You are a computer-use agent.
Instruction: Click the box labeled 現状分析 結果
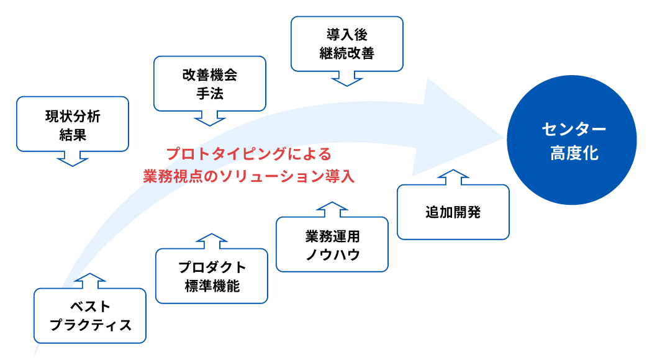[x=72, y=124]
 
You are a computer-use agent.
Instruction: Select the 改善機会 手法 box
[x=209, y=84]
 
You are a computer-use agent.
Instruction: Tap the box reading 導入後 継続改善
[x=346, y=43]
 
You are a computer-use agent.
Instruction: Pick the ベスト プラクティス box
[x=90, y=315]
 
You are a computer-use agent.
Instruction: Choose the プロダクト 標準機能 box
[x=212, y=276]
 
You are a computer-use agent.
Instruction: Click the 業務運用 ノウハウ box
[x=332, y=244]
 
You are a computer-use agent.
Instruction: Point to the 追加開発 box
[x=453, y=212]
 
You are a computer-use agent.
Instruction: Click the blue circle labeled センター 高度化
[x=571, y=140]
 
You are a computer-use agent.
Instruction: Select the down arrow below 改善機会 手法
[x=210, y=118]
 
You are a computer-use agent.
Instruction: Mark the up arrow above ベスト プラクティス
[x=90, y=281]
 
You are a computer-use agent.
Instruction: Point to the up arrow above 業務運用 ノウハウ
[x=332, y=209]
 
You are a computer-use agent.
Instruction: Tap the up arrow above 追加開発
[x=453, y=177]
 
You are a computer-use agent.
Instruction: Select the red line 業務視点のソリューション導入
[x=248, y=176]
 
